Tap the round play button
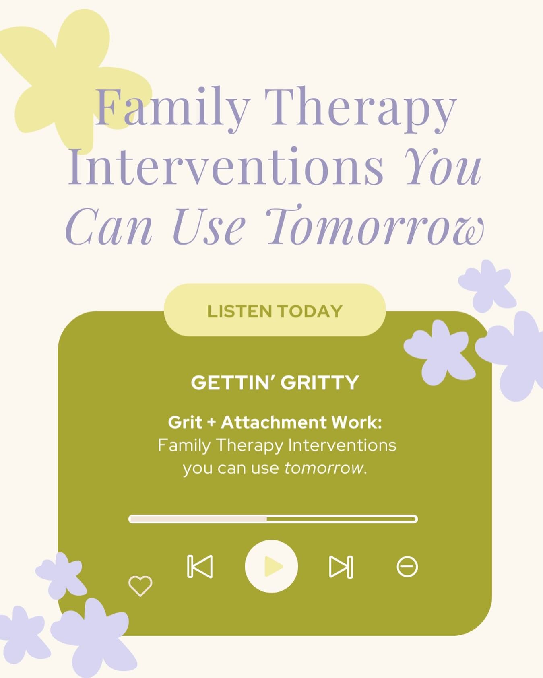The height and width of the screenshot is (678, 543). (x=271, y=566)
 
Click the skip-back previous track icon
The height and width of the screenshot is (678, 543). (x=200, y=567)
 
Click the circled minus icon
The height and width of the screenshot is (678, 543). (x=407, y=567)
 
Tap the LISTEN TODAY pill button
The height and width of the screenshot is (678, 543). (x=275, y=311)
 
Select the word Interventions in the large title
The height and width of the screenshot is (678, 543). (x=225, y=167)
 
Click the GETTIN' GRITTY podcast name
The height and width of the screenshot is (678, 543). (x=275, y=383)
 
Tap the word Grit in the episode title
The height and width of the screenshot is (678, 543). (x=185, y=422)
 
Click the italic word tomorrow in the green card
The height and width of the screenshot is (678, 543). (x=324, y=468)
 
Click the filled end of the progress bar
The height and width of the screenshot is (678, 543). (x=265, y=519)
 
